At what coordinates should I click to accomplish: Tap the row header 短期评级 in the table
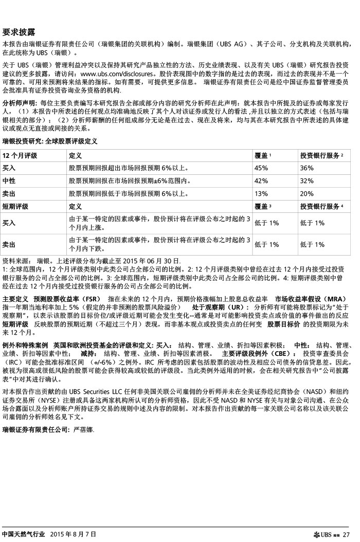(x=15, y=206)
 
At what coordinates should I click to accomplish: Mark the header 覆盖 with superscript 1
(x=263, y=155)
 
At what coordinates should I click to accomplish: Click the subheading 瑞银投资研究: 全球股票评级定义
(x=50, y=140)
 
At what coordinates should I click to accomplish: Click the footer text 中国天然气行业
(x=24, y=535)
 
